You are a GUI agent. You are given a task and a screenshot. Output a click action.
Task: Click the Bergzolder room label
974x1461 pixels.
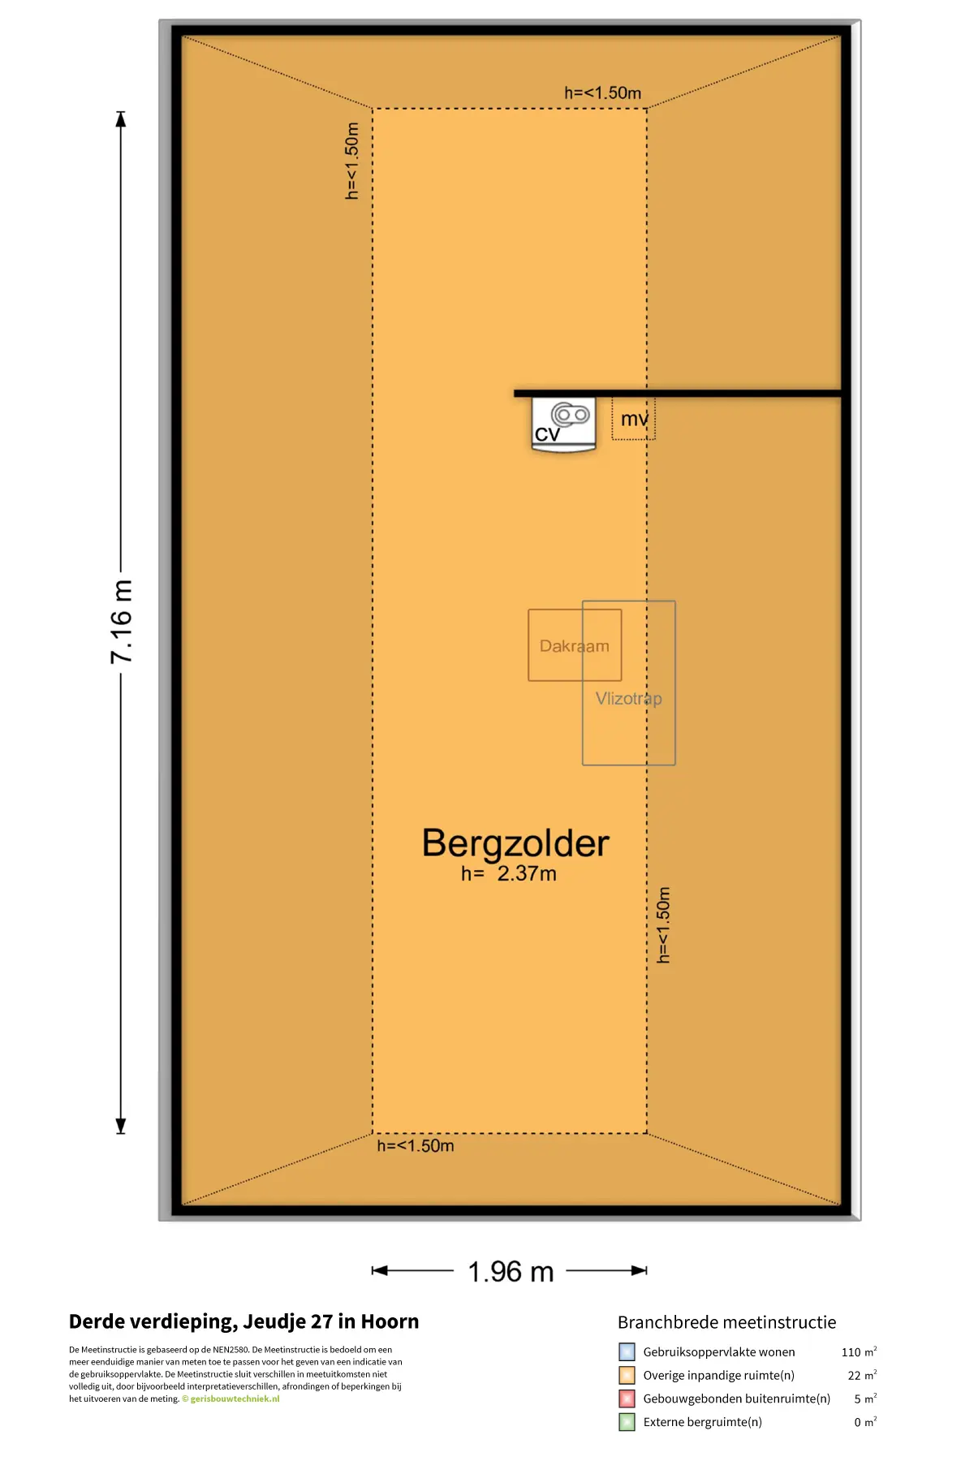515,844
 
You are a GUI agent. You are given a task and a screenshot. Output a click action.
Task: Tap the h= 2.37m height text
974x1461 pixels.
509,874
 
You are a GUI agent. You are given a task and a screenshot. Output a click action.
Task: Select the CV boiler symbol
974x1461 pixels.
564,424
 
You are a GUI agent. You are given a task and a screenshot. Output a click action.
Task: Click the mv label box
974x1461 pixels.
633,419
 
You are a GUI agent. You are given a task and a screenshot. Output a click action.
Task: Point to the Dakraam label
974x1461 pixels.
575,646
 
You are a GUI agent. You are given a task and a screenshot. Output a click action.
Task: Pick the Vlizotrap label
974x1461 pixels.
629,699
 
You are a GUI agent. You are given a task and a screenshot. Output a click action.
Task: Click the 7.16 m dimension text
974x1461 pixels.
121,622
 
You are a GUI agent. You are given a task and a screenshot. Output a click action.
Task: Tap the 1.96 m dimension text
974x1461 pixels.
511,1272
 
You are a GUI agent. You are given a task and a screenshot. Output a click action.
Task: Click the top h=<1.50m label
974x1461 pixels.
603,93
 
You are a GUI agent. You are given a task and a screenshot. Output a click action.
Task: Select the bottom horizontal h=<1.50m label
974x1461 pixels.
416,1146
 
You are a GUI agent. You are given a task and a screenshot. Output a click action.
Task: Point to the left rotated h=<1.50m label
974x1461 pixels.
351,161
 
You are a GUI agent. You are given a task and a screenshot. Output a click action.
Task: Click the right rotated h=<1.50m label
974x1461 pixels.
663,925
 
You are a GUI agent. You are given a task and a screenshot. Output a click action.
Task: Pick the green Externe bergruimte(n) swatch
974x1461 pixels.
627,1422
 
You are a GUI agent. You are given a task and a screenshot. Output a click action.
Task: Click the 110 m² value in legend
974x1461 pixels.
859,1352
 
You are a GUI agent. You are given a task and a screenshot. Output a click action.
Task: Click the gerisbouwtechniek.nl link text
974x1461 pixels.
235,1399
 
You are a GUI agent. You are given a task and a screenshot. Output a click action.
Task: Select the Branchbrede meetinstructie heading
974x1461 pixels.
726,1322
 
